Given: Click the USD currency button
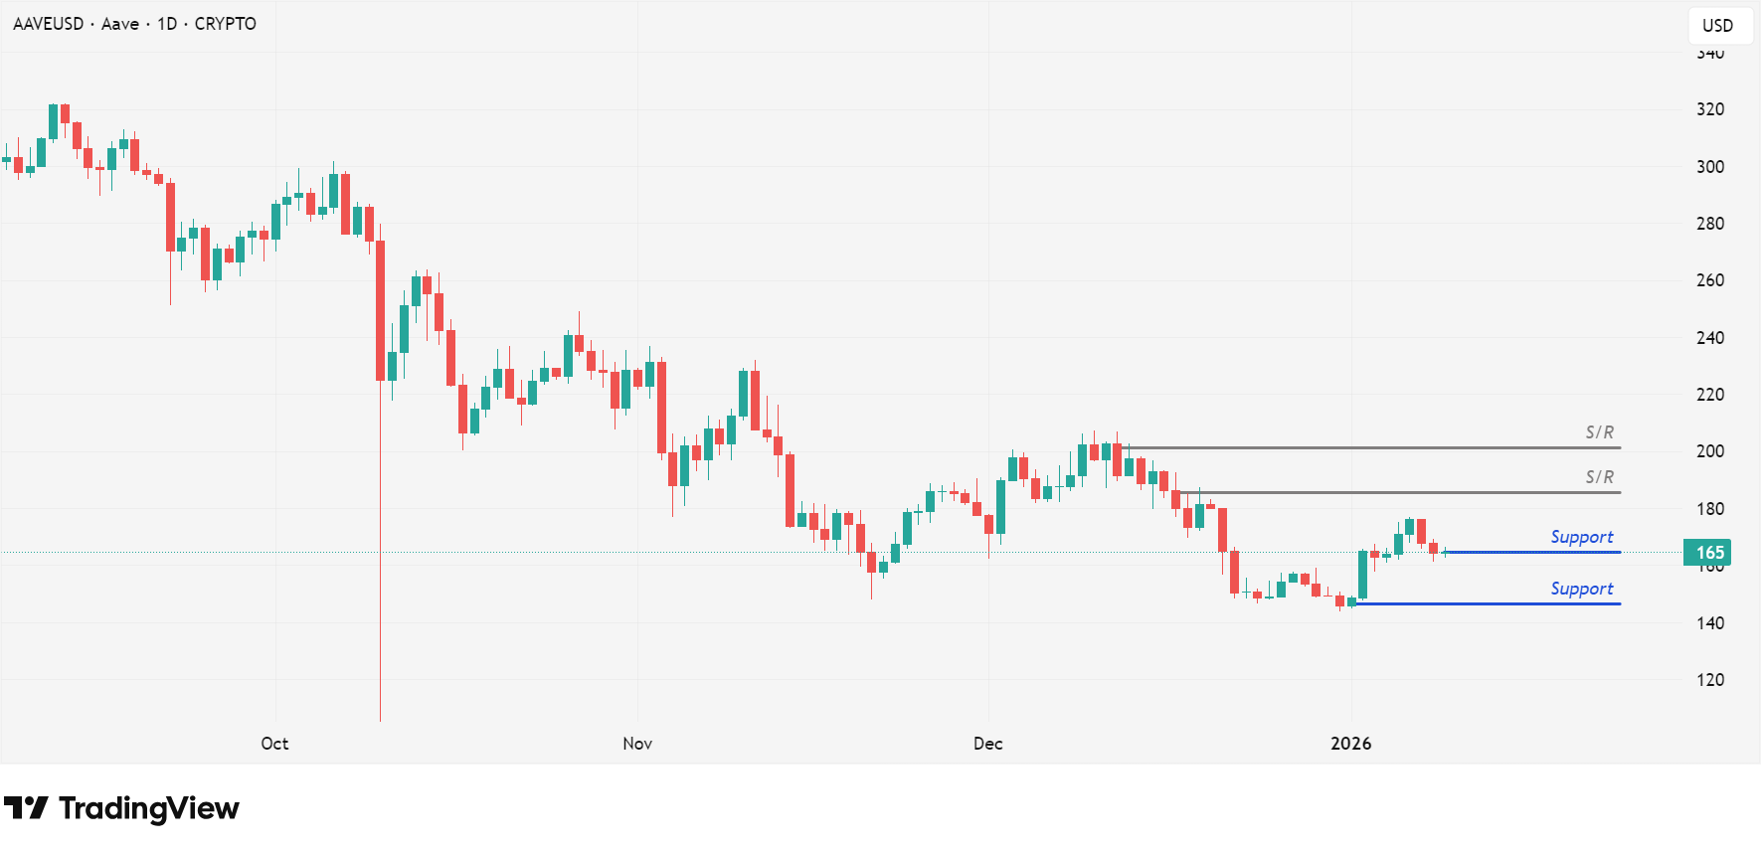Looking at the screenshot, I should point(1717,26).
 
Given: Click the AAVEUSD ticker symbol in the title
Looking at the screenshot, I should point(48,24).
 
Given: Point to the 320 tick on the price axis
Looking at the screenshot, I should point(1710,109).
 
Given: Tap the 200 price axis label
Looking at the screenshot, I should point(1710,451).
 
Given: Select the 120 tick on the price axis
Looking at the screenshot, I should point(1710,680).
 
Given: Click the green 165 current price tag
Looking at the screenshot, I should point(1708,553).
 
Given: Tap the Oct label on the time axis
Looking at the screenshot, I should point(274,744).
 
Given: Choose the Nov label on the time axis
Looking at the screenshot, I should point(637,744).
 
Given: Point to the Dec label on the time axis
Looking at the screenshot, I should point(988,744).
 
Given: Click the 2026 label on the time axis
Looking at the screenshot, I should point(1350,744).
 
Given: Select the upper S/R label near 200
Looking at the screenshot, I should point(1599,432).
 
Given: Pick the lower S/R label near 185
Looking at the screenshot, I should point(1599,477).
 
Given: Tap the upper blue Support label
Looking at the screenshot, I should point(1581,537).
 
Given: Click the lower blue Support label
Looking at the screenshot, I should point(1581,589).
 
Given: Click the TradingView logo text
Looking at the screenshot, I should point(148,808).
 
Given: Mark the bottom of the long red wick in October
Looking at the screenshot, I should point(380,720).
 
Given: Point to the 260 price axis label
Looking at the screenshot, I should point(1710,280).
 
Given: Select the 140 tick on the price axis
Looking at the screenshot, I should point(1710,623).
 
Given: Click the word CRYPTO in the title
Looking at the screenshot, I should point(225,24).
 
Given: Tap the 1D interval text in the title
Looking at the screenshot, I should point(167,24).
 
